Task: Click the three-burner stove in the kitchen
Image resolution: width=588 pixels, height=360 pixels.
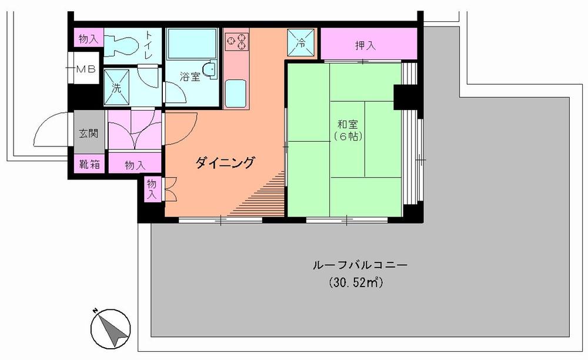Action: pos(236,41)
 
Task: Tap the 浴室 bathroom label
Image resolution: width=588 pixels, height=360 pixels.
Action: pos(189,76)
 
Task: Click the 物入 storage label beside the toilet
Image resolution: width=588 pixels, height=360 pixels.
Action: pos(88,39)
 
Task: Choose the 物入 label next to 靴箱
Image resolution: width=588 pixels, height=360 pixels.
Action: pos(134,165)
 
